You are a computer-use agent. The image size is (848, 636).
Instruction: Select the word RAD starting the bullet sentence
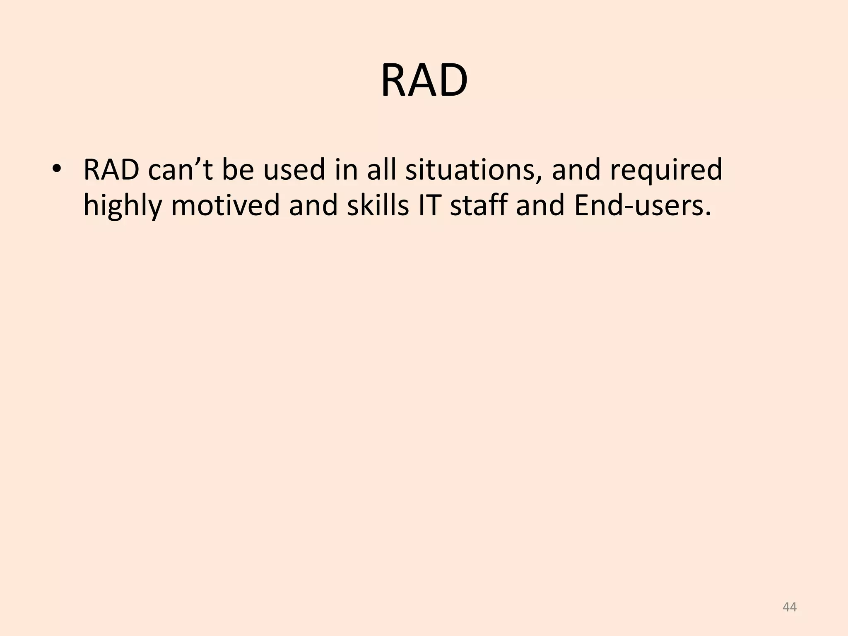click(111, 170)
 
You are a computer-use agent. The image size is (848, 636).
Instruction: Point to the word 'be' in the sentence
click(238, 170)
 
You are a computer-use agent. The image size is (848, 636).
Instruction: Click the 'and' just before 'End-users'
click(540, 206)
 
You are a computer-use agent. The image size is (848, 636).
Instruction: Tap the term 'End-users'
click(642, 206)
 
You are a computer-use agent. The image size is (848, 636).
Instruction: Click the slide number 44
click(790, 607)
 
